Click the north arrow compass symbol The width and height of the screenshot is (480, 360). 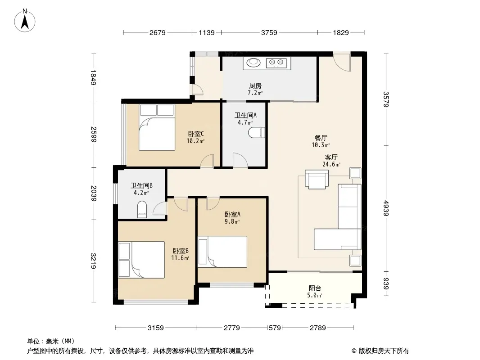(25, 20)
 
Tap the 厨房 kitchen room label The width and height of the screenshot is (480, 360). (255, 85)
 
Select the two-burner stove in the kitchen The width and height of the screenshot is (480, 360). (276, 63)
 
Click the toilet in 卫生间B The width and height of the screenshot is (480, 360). (142, 209)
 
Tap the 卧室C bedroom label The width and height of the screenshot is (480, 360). (196, 134)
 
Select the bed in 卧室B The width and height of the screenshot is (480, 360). (141, 260)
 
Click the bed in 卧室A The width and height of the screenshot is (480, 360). (222, 252)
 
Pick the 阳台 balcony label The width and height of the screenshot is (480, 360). (315, 288)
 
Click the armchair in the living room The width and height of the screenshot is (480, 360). (317, 179)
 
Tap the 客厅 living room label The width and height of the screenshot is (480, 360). (331, 157)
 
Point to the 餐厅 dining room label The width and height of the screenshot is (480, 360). (321, 138)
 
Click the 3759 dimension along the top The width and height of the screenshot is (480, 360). (269, 32)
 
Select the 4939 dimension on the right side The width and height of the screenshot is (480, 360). (386, 208)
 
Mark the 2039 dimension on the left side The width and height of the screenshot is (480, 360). (94, 193)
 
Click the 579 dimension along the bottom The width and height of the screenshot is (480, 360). (275, 328)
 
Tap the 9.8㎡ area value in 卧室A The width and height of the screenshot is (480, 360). (232, 221)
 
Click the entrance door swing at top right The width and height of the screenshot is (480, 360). (342, 62)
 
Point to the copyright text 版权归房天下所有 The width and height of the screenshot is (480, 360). (383, 351)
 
